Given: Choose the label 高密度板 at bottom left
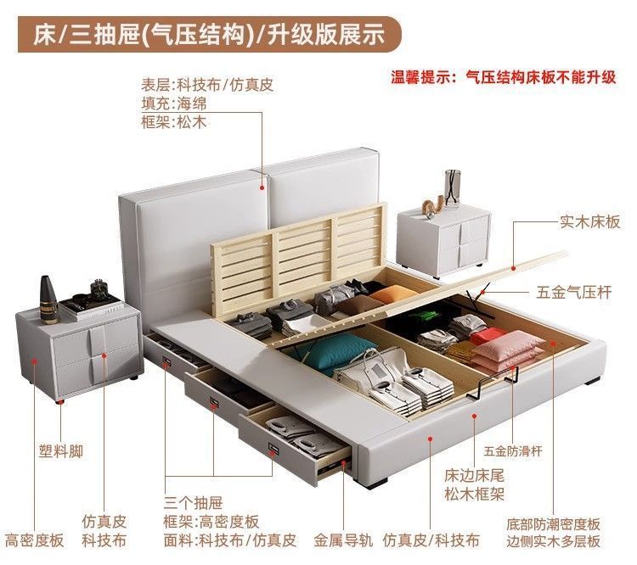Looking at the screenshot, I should (x=34, y=540).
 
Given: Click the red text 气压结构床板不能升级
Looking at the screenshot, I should (x=540, y=77).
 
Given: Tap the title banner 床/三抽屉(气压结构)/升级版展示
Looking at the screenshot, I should (x=209, y=34).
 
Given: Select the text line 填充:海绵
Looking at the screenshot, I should (x=173, y=103).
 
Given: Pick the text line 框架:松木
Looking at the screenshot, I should (x=173, y=122).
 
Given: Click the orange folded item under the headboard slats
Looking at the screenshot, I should (x=392, y=294).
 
